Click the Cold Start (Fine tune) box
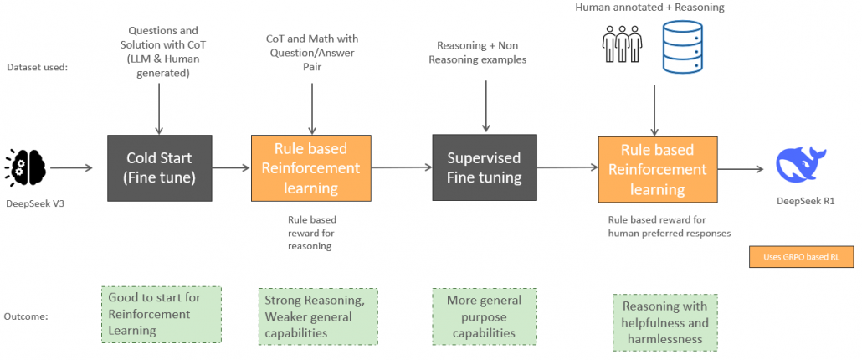pos(159,168)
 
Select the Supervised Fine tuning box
pos(483,168)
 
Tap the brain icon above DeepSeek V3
pos(28,167)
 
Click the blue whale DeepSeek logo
pos(804,163)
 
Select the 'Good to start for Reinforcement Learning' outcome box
pos(161,314)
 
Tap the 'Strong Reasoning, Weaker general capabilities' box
pos(317,316)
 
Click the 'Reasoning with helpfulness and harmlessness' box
pos(665,322)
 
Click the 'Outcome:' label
pos(33,316)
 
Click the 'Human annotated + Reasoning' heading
pos(649,8)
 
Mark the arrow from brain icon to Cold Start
pos(75,168)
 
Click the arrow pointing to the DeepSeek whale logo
pos(740,168)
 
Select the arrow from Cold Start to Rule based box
pos(230,168)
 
